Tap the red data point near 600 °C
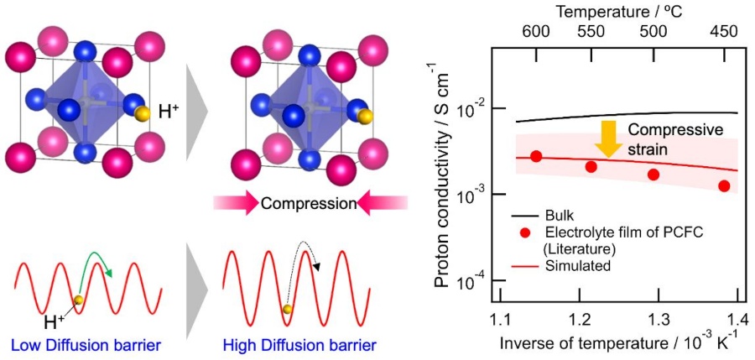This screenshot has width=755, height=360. click(x=536, y=156)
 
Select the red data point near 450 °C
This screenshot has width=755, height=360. click(x=724, y=185)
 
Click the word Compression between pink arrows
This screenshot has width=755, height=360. click(x=306, y=204)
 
